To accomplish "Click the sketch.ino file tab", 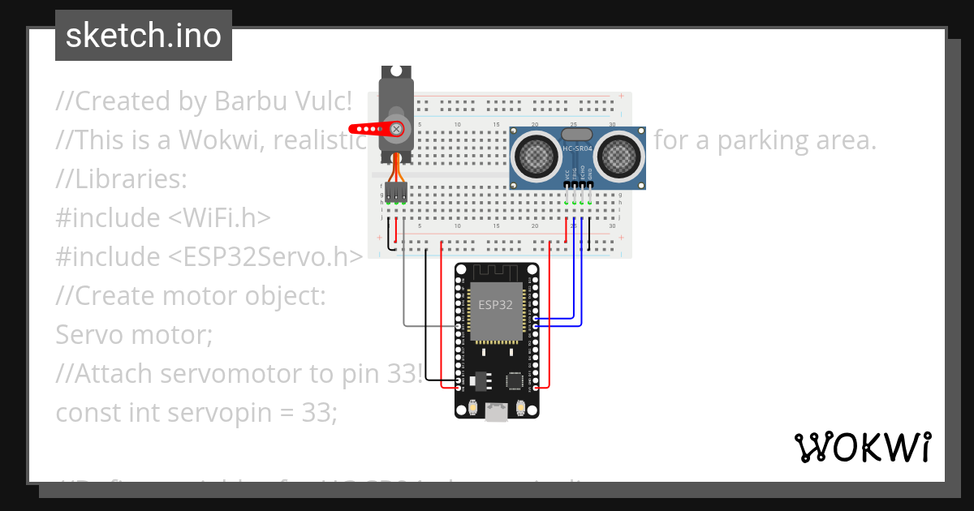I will (x=144, y=36).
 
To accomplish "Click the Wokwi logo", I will (x=861, y=447).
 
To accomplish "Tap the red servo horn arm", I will (x=369, y=128).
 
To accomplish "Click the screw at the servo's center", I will (x=396, y=128).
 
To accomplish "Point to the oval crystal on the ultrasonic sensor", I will (x=576, y=134).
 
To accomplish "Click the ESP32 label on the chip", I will (x=496, y=305).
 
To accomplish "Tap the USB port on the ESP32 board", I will (x=496, y=413).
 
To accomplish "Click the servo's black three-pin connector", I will (x=396, y=191).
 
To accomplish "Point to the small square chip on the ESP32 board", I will (x=515, y=380).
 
